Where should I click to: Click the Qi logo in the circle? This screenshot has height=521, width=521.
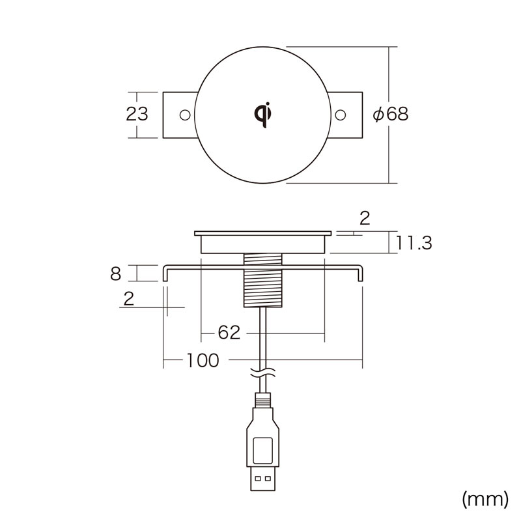tap(263, 115)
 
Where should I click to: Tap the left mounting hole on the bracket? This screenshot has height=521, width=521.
tap(185, 115)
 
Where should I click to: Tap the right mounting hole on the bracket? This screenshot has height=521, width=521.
tap(340, 115)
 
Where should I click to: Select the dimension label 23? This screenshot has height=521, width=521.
tap(137, 114)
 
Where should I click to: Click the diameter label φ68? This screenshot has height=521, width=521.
tap(390, 114)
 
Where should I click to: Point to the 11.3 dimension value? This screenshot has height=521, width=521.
tap(414, 243)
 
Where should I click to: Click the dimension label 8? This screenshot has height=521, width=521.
tap(116, 274)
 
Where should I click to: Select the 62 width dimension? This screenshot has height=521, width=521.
tap(229, 332)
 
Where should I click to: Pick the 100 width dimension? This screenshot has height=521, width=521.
tap(203, 360)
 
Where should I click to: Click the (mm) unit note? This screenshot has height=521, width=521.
tap(485, 499)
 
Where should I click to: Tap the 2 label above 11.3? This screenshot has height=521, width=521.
tap(365, 218)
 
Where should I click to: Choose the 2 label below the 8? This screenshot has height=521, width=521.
tap(128, 298)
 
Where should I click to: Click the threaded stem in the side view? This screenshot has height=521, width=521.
tap(263, 280)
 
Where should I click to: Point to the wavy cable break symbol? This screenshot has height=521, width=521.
tap(263, 372)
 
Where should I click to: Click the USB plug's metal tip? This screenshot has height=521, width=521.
tap(263, 479)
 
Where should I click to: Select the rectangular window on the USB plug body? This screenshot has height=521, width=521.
tap(263, 451)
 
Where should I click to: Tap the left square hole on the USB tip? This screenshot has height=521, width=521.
tap(258, 479)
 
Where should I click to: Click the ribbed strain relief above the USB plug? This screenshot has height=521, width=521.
tap(263, 400)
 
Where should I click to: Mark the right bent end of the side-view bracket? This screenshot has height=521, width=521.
tap(360, 274)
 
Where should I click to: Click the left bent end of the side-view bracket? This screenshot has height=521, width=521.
tap(165, 274)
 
